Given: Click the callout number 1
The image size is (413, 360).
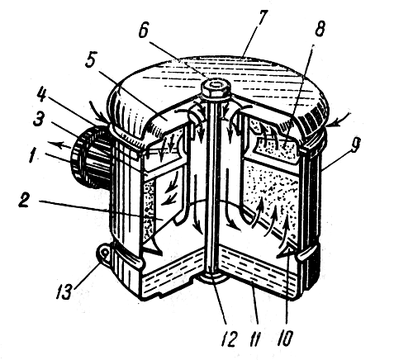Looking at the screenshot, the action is (33, 155).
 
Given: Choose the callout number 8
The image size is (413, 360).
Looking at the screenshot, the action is (320, 28).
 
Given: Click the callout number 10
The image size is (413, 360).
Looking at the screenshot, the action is (285, 338).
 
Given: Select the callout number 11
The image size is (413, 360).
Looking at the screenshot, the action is (255, 339).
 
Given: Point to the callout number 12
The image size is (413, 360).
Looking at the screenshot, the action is (229, 338).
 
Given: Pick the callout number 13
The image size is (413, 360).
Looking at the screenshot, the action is (65, 291).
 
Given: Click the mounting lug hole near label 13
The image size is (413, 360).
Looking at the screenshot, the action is (103, 253).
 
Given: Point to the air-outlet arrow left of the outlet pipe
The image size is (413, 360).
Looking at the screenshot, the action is (59, 144).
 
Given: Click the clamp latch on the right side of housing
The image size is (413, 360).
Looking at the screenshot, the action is (306, 254).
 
